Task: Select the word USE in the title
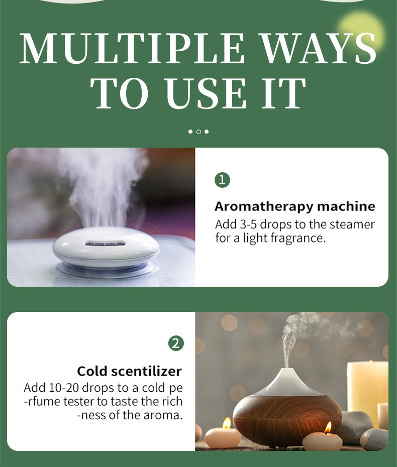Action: (206, 93)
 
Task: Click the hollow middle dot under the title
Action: (198, 132)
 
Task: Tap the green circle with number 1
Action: (222, 180)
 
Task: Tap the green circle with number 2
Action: (176, 343)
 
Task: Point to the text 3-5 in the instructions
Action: (248, 224)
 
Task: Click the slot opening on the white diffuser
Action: (105, 244)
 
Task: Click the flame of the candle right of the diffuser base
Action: (328, 428)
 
